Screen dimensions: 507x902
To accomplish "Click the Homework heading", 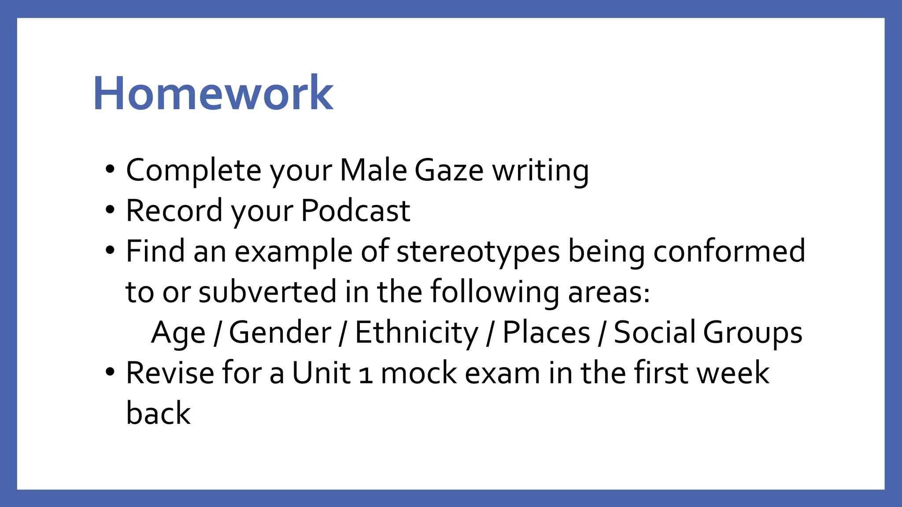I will (213, 93).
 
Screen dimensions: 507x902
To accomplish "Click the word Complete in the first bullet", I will (194, 171).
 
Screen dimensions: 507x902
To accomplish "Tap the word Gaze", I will (449, 171).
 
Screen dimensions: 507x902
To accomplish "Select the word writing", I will (540, 171).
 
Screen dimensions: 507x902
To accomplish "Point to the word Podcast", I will (355, 211).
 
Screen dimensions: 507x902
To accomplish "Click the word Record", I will (174, 211).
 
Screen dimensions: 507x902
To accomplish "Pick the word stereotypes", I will (478, 252).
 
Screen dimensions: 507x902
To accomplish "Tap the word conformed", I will (729, 252).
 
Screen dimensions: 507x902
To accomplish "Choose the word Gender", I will (280, 333).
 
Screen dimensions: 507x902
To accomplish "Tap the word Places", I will (546, 333).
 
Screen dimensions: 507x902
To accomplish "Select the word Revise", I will (170, 373).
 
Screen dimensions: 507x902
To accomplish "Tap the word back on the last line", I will (158, 414).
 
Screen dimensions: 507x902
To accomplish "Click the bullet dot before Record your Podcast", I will (110, 210).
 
